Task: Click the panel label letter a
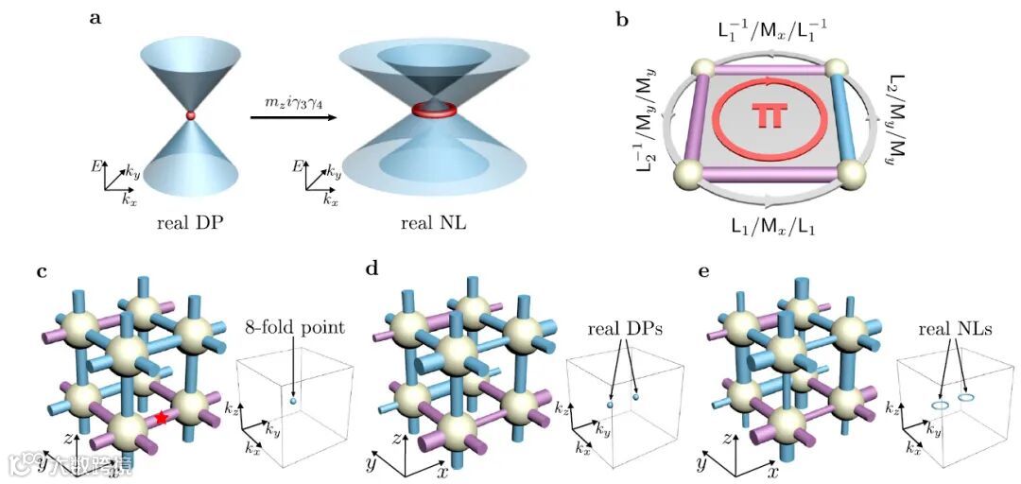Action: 95,16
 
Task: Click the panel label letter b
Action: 623,18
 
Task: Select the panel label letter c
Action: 42,272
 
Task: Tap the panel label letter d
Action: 372,272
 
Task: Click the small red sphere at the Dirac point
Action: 191,114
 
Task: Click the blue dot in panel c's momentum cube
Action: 295,402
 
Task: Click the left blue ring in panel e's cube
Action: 940,406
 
